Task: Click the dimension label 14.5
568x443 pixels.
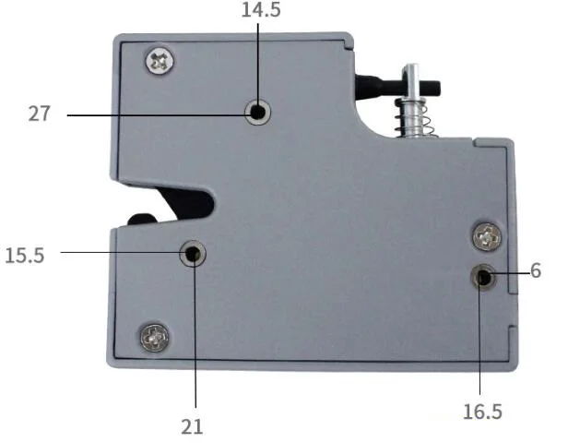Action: pyautogui.click(x=261, y=10)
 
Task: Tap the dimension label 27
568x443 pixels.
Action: pyautogui.click(x=40, y=114)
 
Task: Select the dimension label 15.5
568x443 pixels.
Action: pyautogui.click(x=25, y=256)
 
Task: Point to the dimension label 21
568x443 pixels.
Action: pyautogui.click(x=192, y=426)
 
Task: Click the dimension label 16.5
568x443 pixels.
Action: pyautogui.click(x=482, y=412)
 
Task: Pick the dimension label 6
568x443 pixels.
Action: pyautogui.click(x=536, y=270)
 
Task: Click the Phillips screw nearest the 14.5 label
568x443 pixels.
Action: pyautogui.click(x=160, y=61)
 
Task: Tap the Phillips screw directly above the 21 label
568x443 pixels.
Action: pyautogui.click(x=155, y=338)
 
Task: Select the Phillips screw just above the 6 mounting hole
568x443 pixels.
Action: pyautogui.click(x=488, y=236)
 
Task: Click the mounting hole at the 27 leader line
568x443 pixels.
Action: pyautogui.click(x=257, y=112)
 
